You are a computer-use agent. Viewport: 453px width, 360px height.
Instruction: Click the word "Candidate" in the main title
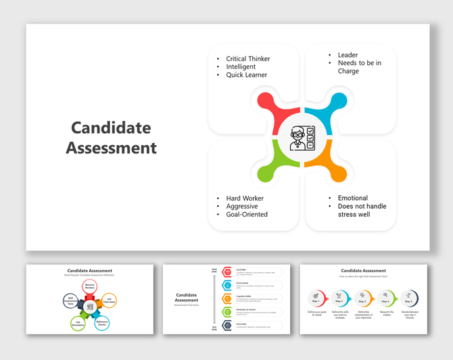click(111, 128)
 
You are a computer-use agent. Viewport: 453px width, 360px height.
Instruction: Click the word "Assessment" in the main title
click(111, 147)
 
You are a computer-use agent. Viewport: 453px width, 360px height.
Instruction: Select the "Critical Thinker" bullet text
click(247, 59)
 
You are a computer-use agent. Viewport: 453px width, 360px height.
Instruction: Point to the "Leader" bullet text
click(348, 55)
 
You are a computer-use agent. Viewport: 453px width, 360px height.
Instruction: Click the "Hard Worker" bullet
click(245, 198)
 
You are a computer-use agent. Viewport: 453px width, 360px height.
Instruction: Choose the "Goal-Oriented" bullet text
click(247, 214)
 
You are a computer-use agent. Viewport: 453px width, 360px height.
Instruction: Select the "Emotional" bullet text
click(353, 198)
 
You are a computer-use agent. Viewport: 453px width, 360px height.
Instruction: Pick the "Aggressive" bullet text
click(242, 206)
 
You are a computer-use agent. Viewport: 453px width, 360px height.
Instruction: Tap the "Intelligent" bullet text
click(241, 67)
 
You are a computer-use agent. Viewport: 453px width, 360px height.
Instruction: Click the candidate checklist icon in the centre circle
click(302, 138)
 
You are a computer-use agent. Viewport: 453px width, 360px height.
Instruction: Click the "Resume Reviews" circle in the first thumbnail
click(89, 287)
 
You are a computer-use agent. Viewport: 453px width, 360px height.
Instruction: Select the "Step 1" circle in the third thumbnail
click(316, 297)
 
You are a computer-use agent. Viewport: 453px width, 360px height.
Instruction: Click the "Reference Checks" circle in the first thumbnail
click(101, 322)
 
